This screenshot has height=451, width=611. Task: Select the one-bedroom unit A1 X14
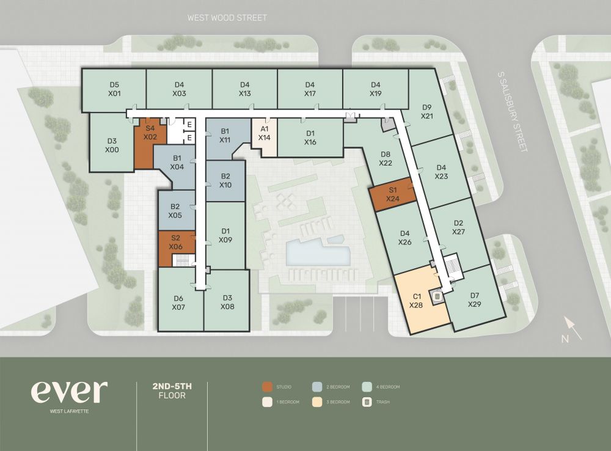pos(264,133)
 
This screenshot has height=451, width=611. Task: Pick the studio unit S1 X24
pos(392,194)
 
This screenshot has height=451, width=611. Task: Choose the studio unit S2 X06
pos(175,242)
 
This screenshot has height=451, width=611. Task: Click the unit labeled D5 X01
pos(114,89)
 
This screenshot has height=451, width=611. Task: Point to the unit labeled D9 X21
pos(427,111)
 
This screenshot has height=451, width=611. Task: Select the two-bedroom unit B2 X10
pos(225,181)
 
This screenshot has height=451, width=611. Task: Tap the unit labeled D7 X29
pos(475,299)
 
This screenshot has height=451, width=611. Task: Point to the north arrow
pos(573,328)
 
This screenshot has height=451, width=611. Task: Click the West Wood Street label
pos(227,18)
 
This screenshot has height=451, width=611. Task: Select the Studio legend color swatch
pos(266,387)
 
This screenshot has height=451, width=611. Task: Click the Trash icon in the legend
pos(367,402)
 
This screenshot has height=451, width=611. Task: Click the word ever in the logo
pos(69,392)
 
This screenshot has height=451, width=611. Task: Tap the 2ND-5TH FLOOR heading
pos(172,391)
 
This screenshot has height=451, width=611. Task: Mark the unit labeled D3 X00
pos(111,145)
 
